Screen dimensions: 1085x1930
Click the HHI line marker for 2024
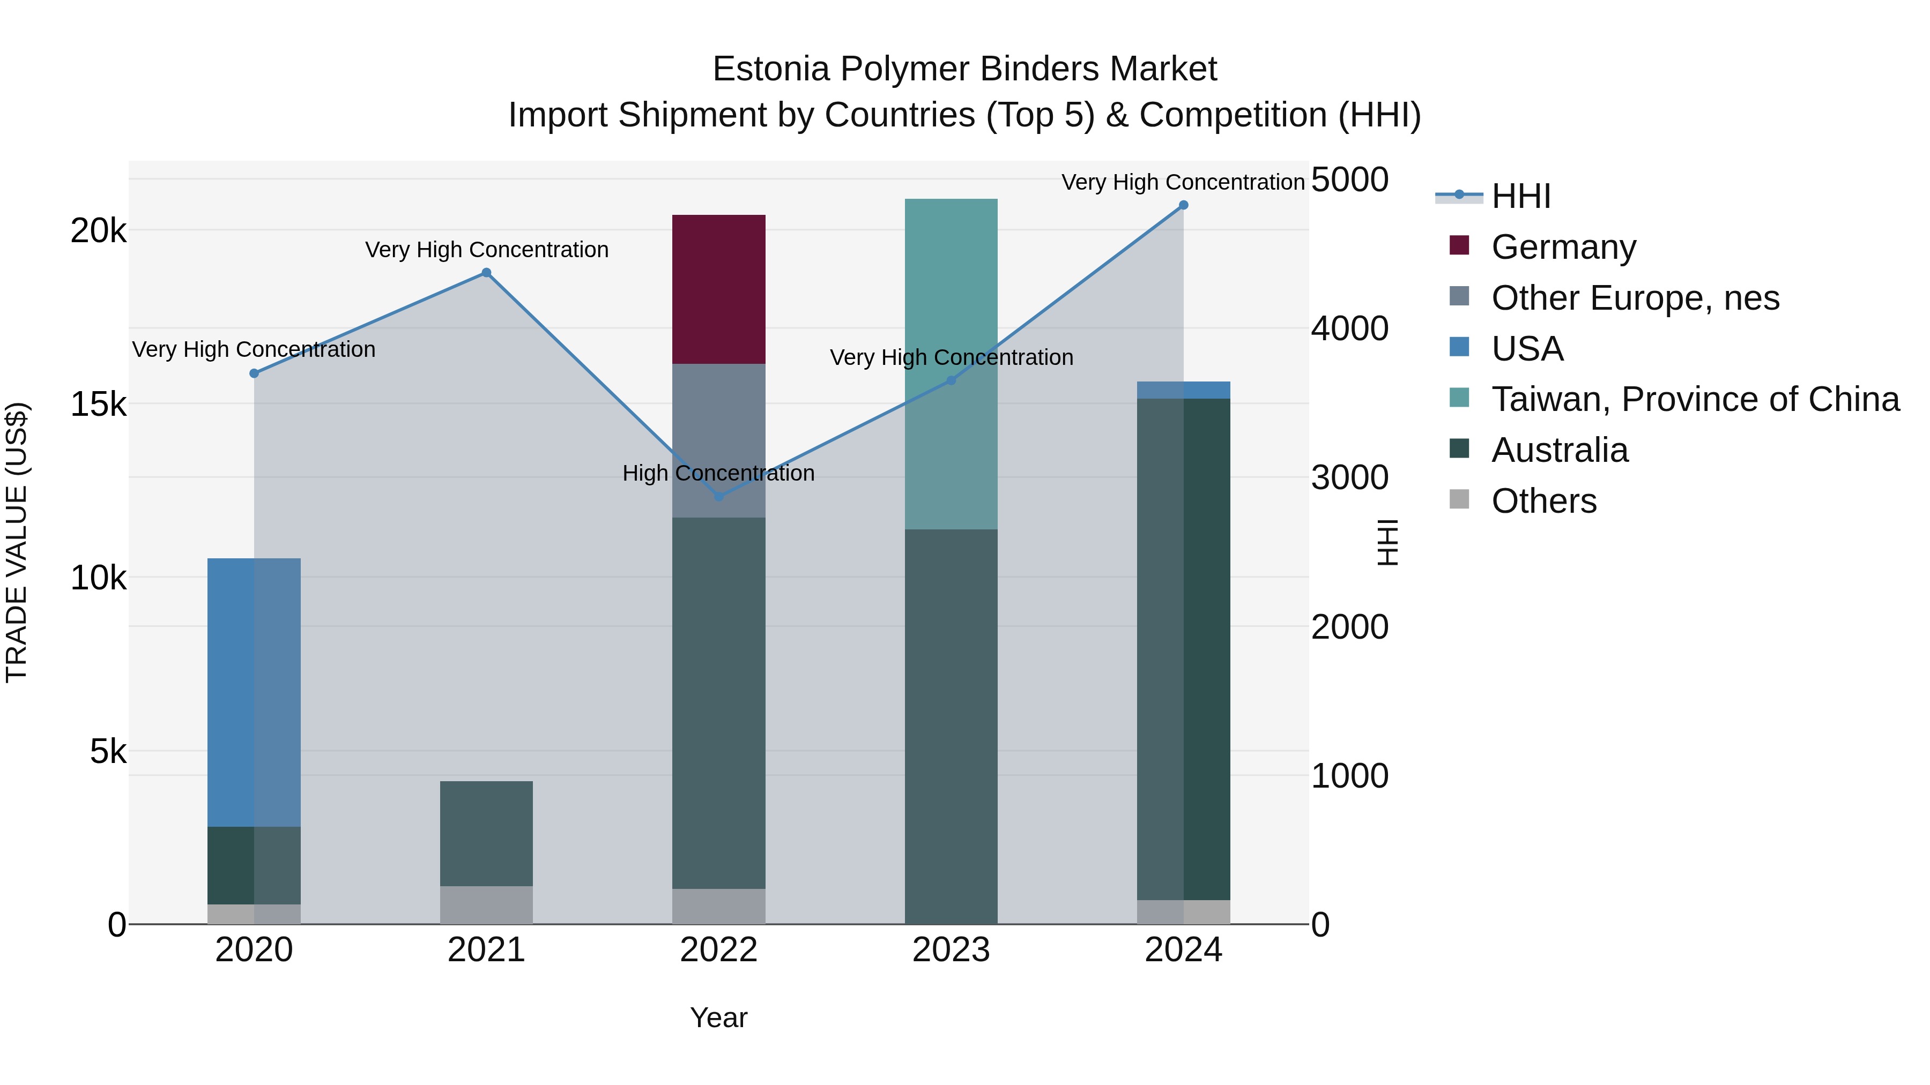pyautogui.click(x=1183, y=205)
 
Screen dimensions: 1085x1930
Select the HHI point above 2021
pyautogui.click(x=486, y=273)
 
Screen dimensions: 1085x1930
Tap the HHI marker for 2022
pyautogui.click(x=718, y=497)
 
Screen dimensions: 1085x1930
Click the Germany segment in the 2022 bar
pyautogui.click(x=718, y=289)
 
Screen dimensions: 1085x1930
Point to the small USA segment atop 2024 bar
pyautogui.click(x=1183, y=390)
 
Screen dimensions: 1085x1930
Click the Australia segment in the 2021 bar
pyautogui.click(x=486, y=833)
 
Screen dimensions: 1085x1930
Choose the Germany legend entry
pyautogui.click(x=1563, y=247)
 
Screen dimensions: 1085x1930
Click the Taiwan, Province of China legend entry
pyautogui.click(x=1695, y=399)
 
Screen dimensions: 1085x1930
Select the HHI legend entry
pyautogui.click(x=1520, y=196)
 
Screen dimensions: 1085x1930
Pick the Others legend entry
pyautogui.click(x=1543, y=501)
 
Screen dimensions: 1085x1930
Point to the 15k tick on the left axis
pyautogui.click(x=98, y=405)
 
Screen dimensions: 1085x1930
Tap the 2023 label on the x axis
pyautogui.click(x=951, y=950)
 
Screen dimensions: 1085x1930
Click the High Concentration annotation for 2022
pyautogui.click(x=718, y=473)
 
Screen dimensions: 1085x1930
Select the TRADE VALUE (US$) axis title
pyautogui.click(x=17, y=542)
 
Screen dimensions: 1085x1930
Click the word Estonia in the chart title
pyautogui.click(x=771, y=69)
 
